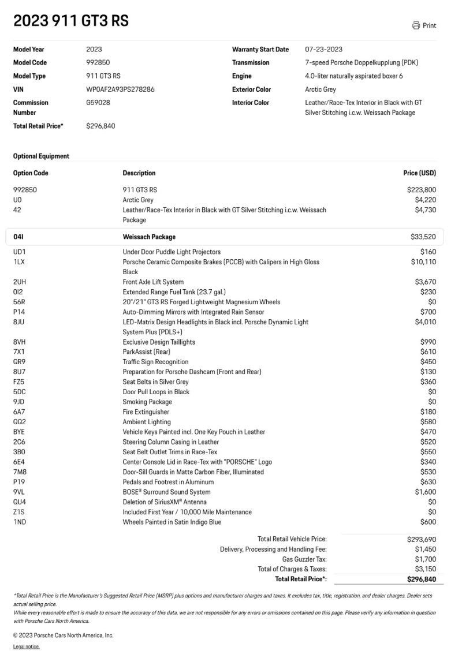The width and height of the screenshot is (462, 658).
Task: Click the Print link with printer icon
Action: (424, 25)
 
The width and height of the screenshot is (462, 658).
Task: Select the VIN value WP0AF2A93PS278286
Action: (120, 89)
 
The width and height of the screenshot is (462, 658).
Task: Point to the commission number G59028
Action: (98, 103)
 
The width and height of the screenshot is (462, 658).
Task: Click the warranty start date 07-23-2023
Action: (323, 50)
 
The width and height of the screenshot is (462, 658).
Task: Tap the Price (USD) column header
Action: (419, 173)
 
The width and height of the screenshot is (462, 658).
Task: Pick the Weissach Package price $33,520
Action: (423, 237)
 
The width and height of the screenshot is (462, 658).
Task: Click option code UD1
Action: (20, 252)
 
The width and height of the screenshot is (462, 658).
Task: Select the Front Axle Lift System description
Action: (153, 282)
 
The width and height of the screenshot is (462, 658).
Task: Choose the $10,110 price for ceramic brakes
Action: (423, 262)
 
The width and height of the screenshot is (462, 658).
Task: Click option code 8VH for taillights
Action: (20, 342)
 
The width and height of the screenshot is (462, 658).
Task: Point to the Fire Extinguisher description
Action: (146, 412)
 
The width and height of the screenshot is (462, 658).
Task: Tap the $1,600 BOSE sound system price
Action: (426, 492)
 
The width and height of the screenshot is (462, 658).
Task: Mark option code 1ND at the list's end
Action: (20, 522)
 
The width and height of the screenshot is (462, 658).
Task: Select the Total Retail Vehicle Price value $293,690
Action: (422, 539)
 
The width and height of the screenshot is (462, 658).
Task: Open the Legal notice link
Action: (26, 647)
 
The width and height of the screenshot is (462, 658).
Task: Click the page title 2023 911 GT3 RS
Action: (71, 21)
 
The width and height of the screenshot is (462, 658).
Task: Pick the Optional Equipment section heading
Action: (41, 156)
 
